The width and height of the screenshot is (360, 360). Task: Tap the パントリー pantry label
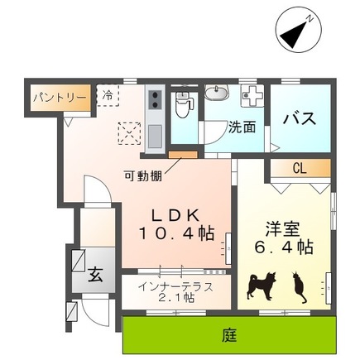(x=59, y=98)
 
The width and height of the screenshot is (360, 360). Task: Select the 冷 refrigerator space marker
(x=108, y=95)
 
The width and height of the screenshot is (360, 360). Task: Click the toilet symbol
(x=185, y=105)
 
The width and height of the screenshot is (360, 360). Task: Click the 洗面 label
(x=241, y=127)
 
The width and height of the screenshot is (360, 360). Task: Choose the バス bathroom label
(x=299, y=118)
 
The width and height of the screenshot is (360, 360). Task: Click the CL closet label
(x=300, y=168)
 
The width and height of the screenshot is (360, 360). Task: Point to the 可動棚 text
(x=143, y=175)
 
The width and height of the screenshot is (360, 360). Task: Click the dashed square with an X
(x=129, y=132)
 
